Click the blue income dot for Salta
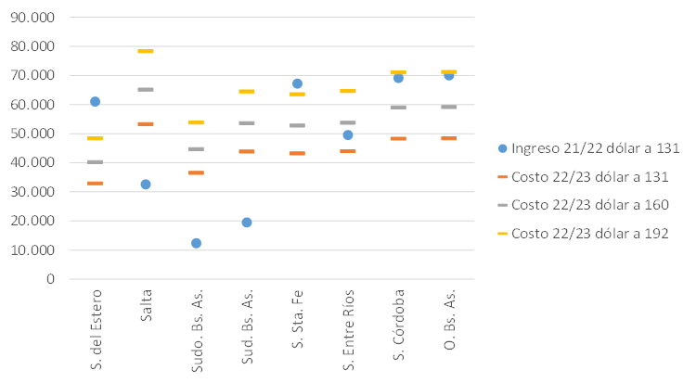click(x=146, y=185)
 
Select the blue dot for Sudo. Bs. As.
click(x=196, y=243)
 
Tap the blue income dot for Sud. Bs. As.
click(x=247, y=223)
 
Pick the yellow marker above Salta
click(x=146, y=52)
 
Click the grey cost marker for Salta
click(x=146, y=89)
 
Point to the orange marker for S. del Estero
click(x=95, y=184)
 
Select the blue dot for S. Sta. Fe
click(x=297, y=83)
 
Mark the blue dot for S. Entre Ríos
click(x=348, y=135)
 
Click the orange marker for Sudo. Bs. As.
click(x=196, y=173)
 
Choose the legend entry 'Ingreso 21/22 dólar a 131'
click(x=586, y=147)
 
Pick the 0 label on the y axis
click(x=50, y=279)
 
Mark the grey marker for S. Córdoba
click(x=398, y=108)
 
